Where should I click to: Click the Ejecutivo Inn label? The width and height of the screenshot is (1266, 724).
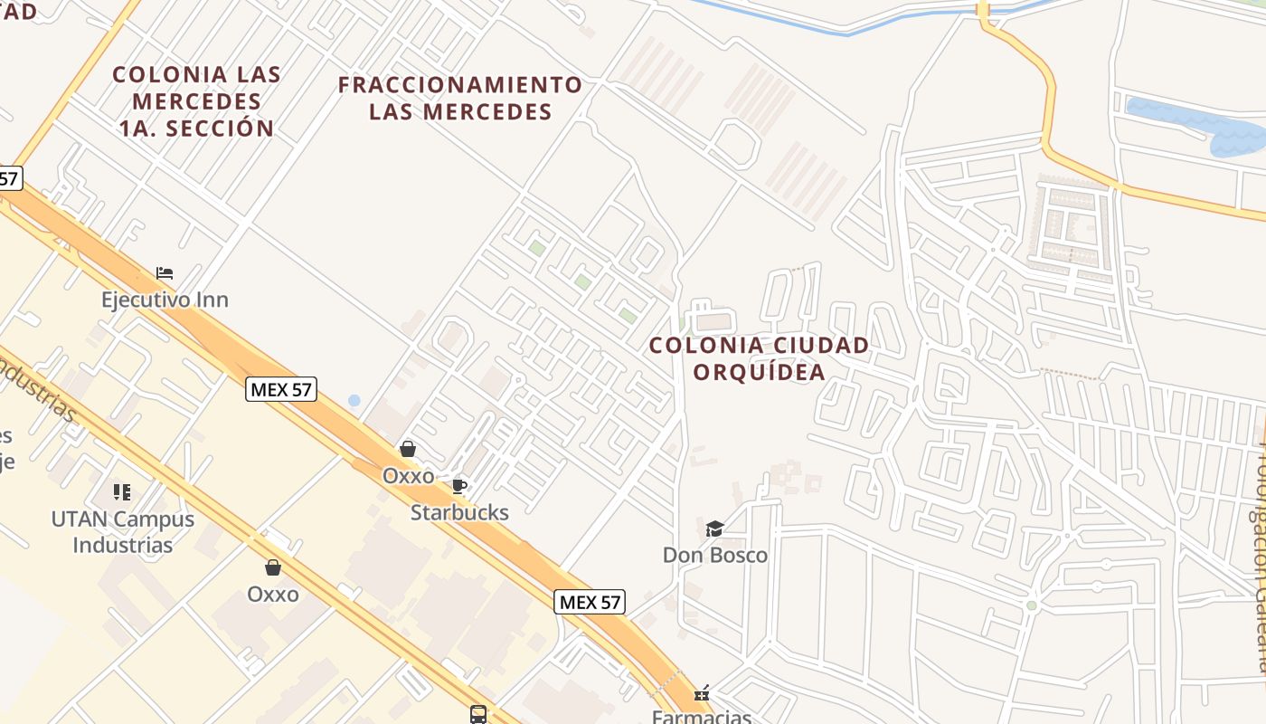click(x=165, y=300)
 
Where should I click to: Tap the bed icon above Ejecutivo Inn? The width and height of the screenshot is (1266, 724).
click(x=165, y=272)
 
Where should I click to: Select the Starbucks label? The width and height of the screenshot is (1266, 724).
click(x=459, y=512)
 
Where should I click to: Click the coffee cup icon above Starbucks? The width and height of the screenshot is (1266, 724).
click(x=459, y=486)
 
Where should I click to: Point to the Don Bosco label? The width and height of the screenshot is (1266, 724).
click(x=714, y=555)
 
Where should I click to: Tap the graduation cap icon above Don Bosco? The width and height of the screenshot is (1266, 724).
click(x=714, y=529)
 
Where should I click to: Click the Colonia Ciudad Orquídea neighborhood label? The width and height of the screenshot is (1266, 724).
click(x=759, y=358)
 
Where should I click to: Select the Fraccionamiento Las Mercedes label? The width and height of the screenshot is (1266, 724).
click(x=460, y=99)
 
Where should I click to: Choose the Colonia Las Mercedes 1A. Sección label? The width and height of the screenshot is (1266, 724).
click(x=196, y=100)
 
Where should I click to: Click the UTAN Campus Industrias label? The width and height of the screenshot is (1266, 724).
click(x=123, y=532)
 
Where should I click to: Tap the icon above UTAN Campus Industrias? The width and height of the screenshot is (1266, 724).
click(x=122, y=492)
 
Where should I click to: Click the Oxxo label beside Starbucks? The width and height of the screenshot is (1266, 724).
click(x=408, y=475)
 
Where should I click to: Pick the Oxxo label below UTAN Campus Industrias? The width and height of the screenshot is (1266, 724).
click(x=272, y=594)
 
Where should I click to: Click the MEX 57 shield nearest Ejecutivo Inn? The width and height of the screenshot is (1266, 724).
click(x=281, y=390)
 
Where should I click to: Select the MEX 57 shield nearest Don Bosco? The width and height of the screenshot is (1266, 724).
click(x=590, y=602)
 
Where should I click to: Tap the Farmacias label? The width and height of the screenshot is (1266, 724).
click(x=702, y=717)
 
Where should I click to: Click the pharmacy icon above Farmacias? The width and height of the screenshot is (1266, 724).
click(x=702, y=694)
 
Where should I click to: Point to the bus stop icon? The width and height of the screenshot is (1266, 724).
click(x=478, y=714)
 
